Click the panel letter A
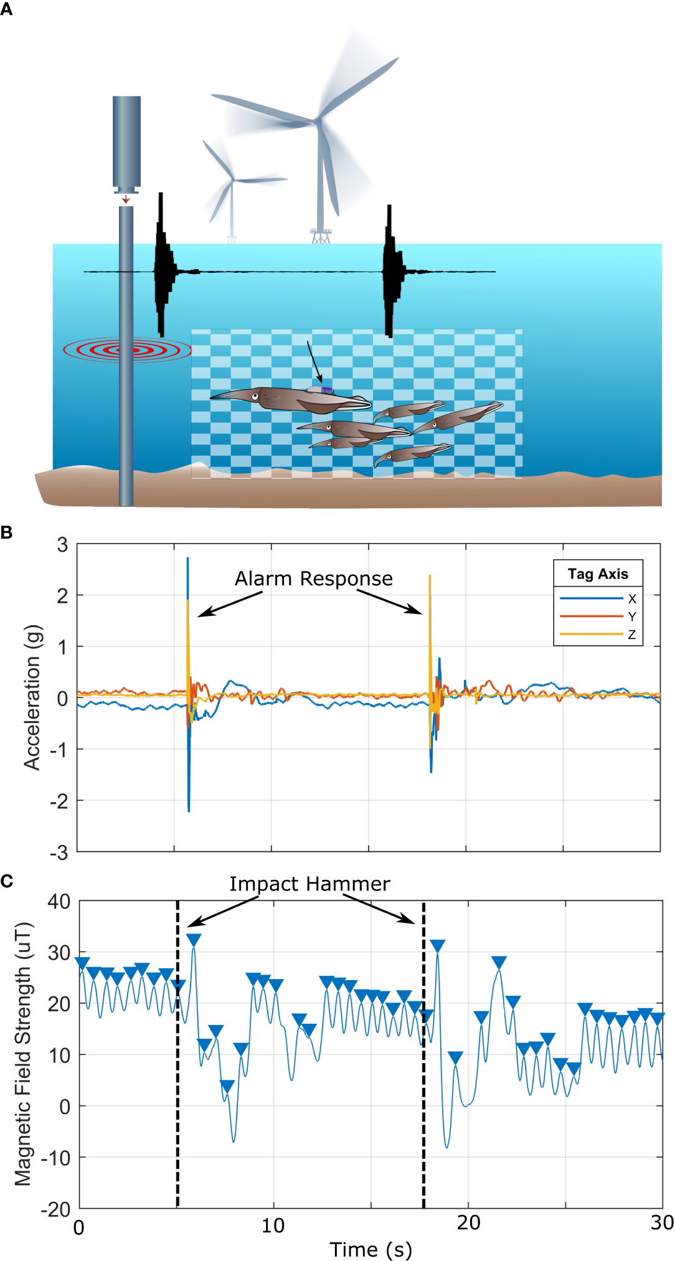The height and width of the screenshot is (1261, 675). tap(6, 10)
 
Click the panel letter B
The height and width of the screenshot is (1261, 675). tap(6, 533)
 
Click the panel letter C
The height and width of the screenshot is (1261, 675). tap(6, 881)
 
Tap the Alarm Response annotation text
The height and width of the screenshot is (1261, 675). tap(313, 579)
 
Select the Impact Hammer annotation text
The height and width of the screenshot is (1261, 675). tap(309, 884)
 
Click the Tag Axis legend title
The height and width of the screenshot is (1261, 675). tap(598, 574)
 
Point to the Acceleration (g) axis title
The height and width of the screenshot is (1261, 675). tap(32, 697)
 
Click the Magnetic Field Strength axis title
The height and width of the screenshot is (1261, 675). tap(23, 1054)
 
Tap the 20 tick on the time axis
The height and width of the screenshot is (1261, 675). tap(468, 1224)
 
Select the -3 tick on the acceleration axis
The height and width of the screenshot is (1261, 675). tap(60, 852)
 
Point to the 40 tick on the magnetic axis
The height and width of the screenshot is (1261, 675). tap(59, 902)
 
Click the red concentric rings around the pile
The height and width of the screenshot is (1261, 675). tap(127, 350)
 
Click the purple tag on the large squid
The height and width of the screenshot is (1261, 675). tap(326, 390)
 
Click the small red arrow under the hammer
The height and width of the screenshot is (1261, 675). tap(126, 199)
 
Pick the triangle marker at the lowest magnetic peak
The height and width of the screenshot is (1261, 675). tap(227, 1087)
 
